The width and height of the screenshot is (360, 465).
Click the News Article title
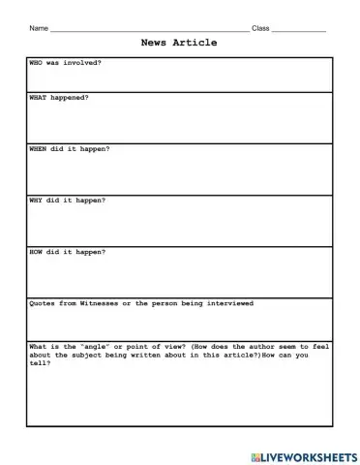[x=179, y=43]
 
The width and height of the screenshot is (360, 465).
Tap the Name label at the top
[x=38, y=28]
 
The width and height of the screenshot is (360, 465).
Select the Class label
[x=260, y=28]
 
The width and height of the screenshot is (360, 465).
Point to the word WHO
[x=38, y=63]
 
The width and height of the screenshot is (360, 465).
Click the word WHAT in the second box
[x=40, y=98]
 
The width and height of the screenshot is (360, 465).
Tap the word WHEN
[x=40, y=149]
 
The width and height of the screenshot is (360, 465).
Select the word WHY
[x=38, y=200]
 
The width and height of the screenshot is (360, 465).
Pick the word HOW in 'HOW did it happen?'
[x=38, y=251]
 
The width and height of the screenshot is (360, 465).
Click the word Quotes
[x=45, y=302]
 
